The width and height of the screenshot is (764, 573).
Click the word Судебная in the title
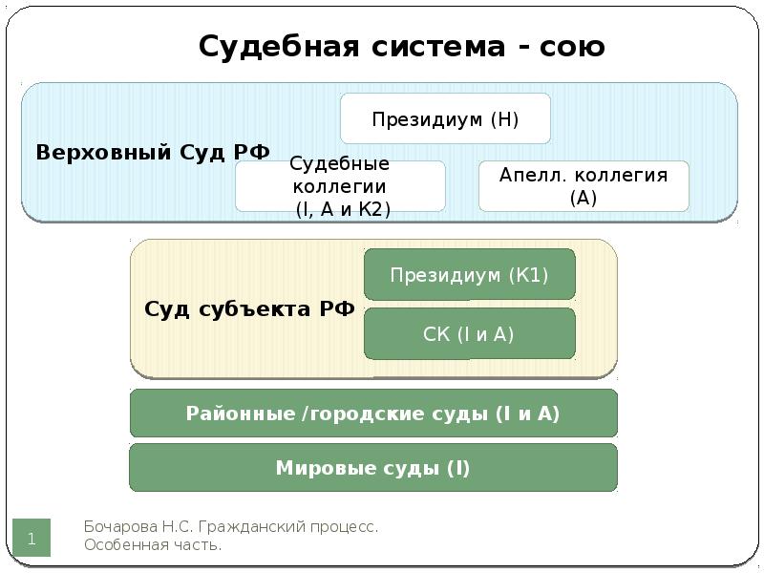(x=279, y=47)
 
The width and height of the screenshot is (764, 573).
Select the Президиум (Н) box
(x=445, y=118)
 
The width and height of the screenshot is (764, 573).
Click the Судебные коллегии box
(x=340, y=186)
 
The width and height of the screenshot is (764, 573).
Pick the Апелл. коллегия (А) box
(x=584, y=186)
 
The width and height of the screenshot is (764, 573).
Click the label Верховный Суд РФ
(x=153, y=152)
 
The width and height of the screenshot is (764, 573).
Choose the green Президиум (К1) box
(x=470, y=274)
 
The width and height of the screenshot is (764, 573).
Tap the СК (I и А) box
(x=470, y=333)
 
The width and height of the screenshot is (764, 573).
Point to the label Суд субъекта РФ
(x=249, y=308)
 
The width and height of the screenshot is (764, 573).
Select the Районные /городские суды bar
(x=373, y=414)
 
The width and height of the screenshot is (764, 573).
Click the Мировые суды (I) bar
(x=373, y=468)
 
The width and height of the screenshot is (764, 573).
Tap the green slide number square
(x=32, y=538)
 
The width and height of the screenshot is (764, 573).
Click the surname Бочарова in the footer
(x=121, y=527)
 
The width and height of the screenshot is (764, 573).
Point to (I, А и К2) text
(x=343, y=209)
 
